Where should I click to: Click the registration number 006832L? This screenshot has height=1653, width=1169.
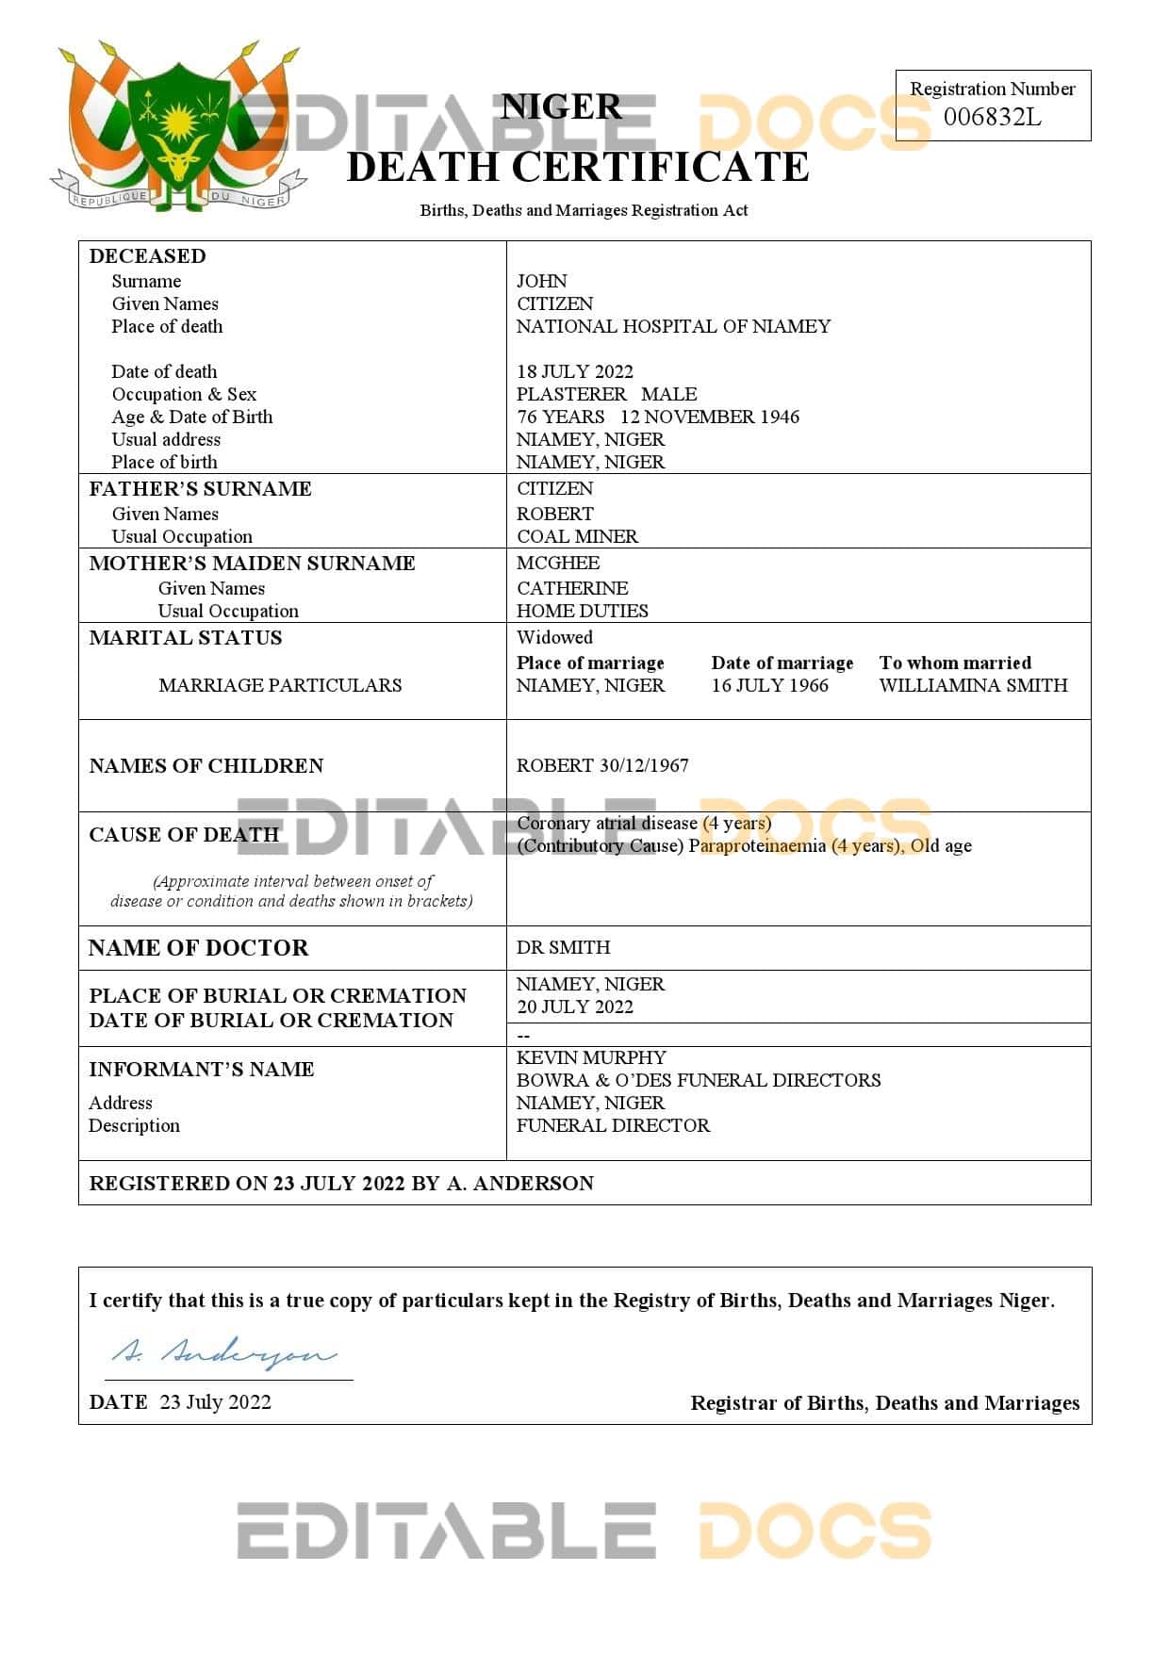[x=992, y=117]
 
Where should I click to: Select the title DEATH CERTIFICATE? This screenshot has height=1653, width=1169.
[x=577, y=168]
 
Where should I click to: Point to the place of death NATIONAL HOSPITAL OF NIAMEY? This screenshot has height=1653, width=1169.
[x=673, y=326]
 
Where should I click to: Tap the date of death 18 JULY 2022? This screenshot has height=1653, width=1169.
[x=574, y=371]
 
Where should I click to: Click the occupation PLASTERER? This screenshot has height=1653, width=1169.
[x=571, y=394]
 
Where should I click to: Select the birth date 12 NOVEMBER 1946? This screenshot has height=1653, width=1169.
[x=709, y=417]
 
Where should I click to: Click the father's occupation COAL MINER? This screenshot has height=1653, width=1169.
[x=577, y=536]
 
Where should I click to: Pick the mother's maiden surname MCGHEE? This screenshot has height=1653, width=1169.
[x=557, y=563]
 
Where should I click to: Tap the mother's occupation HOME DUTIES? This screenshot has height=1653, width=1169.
[x=582, y=611]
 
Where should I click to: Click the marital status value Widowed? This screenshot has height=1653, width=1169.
[x=554, y=637]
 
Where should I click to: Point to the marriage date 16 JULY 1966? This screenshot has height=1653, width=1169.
[x=769, y=685]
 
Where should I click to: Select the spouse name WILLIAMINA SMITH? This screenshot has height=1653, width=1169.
[x=973, y=685]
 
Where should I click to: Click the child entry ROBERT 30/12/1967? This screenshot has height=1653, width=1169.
[x=601, y=765]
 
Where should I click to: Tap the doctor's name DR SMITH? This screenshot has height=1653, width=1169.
[x=563, y=947]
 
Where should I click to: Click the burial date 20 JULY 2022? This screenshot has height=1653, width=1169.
[x=574, y=1007]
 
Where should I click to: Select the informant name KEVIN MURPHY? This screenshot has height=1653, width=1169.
[x=591, y=1057]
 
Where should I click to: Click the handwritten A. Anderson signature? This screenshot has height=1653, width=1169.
[x=223, y=1353]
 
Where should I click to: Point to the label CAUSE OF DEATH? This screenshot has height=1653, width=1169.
[x=184, y=835]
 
